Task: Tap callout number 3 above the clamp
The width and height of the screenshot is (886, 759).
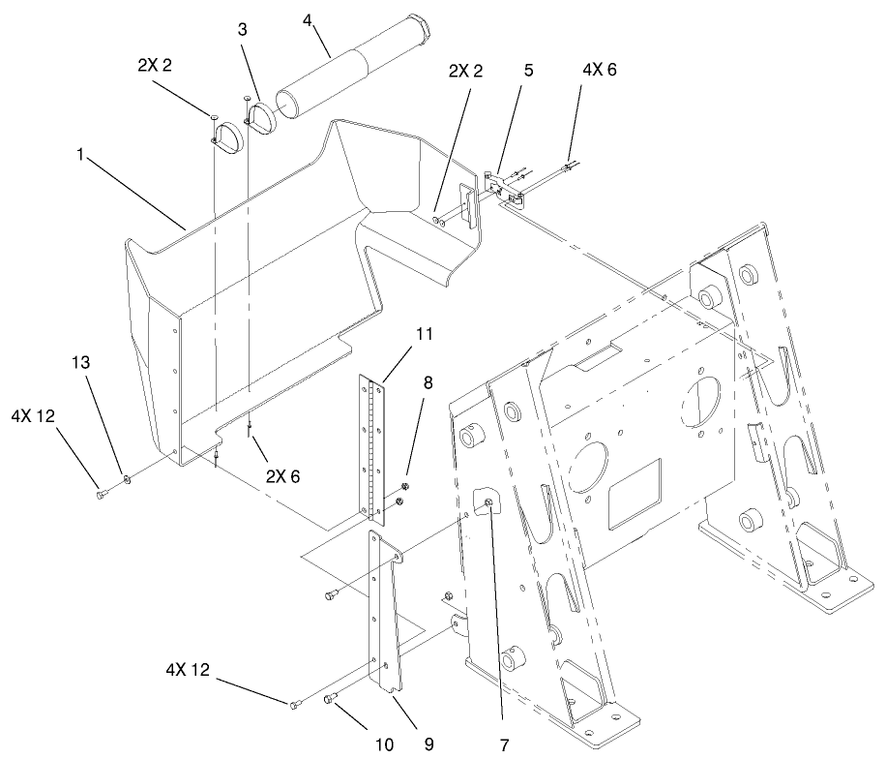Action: tap(242, 30)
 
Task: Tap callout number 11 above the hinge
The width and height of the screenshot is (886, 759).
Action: tap(423, 333)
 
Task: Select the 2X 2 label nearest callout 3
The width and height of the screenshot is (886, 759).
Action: tap(155, 71)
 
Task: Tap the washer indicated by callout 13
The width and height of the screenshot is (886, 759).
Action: tap(126, 477)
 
